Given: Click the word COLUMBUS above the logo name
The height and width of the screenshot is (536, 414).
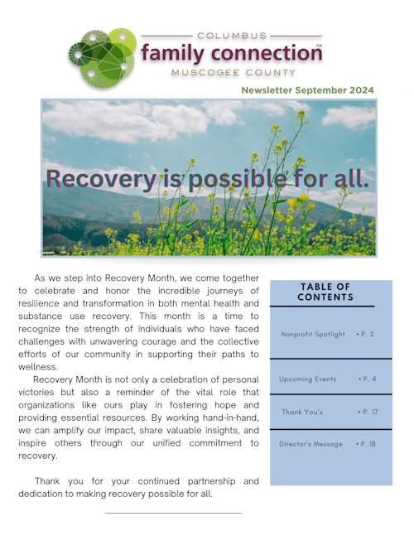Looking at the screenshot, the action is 233,36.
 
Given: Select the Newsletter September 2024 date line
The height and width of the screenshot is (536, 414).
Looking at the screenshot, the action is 307,90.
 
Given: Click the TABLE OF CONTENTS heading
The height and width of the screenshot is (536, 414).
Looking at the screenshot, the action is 325,292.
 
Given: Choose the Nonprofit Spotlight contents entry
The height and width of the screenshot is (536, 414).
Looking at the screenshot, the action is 311,334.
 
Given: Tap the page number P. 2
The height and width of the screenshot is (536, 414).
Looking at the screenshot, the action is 366,334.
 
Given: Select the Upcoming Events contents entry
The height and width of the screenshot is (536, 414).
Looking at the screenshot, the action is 308,379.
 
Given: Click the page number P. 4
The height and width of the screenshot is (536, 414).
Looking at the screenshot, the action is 368,379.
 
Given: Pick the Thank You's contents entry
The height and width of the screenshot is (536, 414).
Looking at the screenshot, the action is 302,412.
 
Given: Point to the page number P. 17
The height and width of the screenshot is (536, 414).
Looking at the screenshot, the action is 367,412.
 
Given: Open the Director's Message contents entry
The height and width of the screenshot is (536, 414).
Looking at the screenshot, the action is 310,444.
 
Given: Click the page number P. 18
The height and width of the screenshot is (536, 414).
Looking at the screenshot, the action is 366,444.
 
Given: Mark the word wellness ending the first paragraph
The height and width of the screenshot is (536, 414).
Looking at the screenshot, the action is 38,367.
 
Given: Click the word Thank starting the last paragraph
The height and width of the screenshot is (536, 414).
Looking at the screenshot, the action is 47,481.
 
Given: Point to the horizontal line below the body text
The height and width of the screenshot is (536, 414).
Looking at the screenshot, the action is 172,513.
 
